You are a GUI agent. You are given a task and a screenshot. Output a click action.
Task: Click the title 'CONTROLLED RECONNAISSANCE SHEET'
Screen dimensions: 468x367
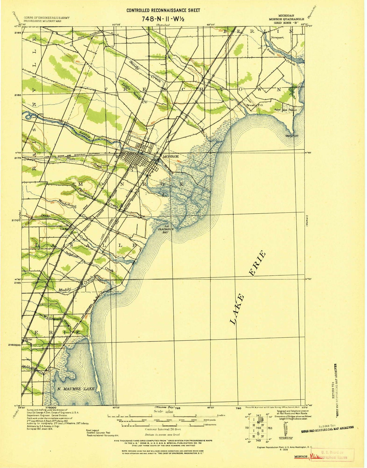pyautogui.click(x=163, y=11)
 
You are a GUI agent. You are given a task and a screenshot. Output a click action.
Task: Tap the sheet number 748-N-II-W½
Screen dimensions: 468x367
pyautogui.click(x=163, y=19)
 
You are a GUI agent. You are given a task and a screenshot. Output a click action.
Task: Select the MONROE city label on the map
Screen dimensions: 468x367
pyautogui.click(x=171, y=156)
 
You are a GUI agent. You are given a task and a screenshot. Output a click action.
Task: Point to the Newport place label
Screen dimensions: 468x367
pyautogui.click(x=277, y=38)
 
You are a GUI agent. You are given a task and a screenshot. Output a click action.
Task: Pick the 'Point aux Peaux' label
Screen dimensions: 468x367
pyautogui.click(x=285, y=110)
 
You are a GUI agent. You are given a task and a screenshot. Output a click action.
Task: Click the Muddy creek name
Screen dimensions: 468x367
pyautogui.click(x=65, y=290)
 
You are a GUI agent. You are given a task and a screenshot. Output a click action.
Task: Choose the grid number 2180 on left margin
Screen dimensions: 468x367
pyautogui.click(x=17, y=95)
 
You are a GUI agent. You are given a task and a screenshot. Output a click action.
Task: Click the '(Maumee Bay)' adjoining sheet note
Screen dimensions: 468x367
pyautogui.click(x=164, y=407)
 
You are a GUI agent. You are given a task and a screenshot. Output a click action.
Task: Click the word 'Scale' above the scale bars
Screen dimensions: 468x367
pyautogui.click(x=159, y=411)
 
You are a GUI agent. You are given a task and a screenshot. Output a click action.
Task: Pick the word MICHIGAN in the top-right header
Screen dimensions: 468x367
pyautogui.click(x=286, y=16)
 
